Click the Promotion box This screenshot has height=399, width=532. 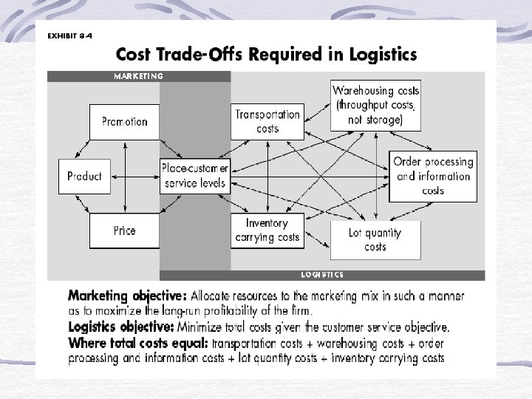124,122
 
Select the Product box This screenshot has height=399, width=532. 84,177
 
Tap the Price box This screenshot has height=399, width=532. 124,230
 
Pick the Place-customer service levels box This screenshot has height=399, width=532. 195,175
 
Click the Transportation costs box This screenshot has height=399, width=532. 267,121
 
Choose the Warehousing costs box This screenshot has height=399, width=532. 376,104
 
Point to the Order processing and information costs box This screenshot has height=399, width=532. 433,176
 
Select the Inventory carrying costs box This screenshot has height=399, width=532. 267,230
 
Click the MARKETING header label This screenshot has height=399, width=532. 138,75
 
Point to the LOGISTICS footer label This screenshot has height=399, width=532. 322,275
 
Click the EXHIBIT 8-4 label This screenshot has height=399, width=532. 70,35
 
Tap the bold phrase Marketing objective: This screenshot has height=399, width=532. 123,296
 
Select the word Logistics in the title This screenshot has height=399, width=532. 381,55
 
